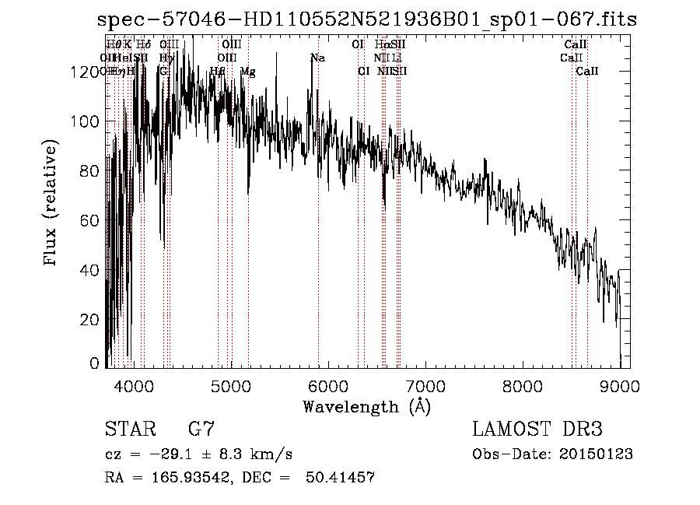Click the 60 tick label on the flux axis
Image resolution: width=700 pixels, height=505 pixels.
click(91, 220)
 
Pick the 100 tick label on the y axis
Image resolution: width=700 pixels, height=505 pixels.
click(86, 121)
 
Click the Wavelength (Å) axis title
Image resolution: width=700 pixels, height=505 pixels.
click(366, 406)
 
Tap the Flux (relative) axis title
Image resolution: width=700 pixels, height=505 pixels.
click(52, 204)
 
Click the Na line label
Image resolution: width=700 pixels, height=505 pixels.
click(317, 58)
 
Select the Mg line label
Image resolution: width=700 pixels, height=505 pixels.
click(247, 72)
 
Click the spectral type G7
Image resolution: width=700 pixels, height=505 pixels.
click(201, 430)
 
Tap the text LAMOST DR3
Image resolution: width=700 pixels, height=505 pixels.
click(537, 430)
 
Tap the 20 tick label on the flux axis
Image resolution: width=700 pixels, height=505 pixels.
click(91, 320)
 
